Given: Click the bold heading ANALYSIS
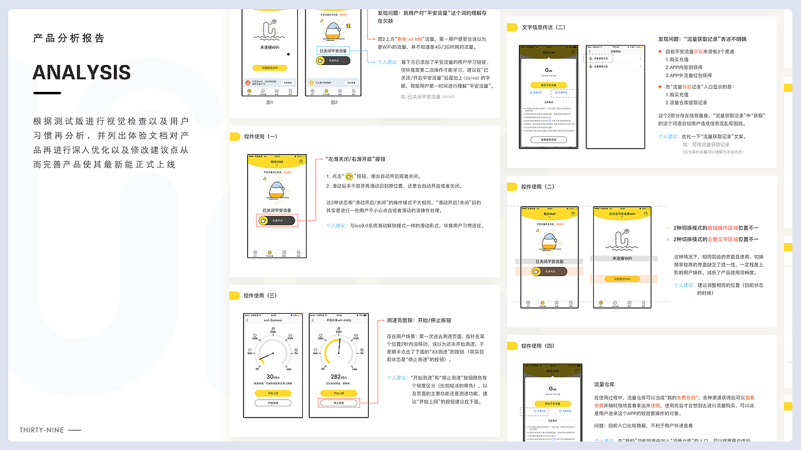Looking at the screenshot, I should click(81, 72).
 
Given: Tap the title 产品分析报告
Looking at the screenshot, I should click(69, 38).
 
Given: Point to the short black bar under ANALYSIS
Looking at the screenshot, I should click(47, 93).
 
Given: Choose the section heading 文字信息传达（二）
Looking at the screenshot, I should click(543, 27).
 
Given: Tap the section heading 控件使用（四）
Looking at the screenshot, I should click(538, 346).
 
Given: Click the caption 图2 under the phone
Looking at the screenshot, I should click(333, 102).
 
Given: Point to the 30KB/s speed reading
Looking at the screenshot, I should click(273, 377).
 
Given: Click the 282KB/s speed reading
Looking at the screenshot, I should click(338, 377).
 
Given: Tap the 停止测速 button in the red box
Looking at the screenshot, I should click(338, 403).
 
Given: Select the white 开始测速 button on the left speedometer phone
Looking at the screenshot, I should click(273, 403).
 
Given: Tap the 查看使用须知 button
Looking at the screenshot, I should click(548, 139).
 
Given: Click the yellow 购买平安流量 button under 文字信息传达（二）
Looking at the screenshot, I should click(548, 84).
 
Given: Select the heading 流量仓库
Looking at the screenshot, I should click(605, 384).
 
